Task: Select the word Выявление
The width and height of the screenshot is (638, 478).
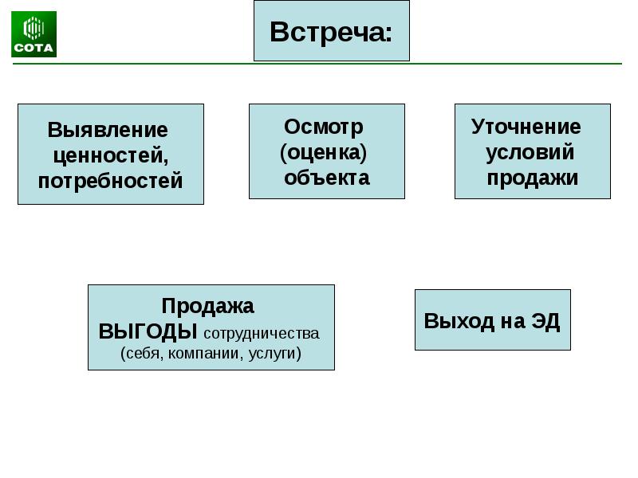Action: tap(108, 130)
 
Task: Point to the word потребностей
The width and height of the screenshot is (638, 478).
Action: tap(110, 180)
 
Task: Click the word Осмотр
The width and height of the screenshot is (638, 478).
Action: tap(324, 127)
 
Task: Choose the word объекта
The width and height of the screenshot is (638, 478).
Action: tap(327, 177)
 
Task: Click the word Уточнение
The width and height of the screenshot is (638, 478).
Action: tap(526, 127)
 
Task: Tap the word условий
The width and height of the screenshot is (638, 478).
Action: tap(530, 152)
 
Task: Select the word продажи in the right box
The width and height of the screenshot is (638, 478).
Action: tap(533, 178)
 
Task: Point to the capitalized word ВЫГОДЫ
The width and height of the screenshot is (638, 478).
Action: tap(148, 331)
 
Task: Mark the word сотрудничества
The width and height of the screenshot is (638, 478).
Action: tap(262, 333)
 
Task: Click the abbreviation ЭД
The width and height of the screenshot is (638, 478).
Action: tap(545, 321)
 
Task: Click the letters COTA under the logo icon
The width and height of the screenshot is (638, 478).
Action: tap(33, 49)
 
